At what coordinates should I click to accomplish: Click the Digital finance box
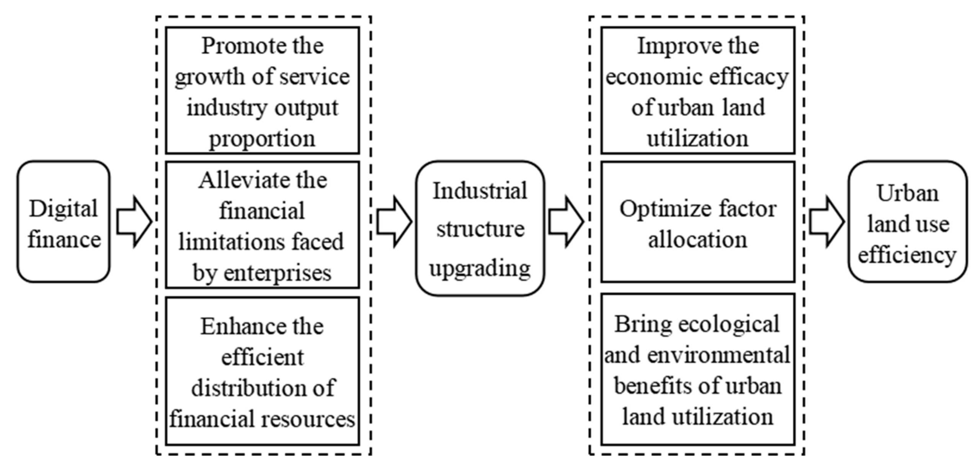[x=64, y=222]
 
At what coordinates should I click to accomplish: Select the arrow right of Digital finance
[x=134, y=222]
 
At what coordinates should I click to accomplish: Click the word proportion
[x=262, y=139]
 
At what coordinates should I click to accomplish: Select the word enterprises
[x=277, y=273]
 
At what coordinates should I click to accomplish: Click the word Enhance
[x=232, y=327]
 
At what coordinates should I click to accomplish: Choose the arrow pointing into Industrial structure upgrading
[x=394, y=222]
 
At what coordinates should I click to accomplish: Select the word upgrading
[x=480, y=268]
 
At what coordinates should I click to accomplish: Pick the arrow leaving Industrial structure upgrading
[x=566, y=222]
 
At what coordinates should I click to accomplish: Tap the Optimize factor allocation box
[x=697, y=222]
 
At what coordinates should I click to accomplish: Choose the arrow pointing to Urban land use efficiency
[x=826, y=222]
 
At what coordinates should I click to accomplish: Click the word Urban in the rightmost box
[x=908, y=193]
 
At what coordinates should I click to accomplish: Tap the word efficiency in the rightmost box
[x=907, y=255]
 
